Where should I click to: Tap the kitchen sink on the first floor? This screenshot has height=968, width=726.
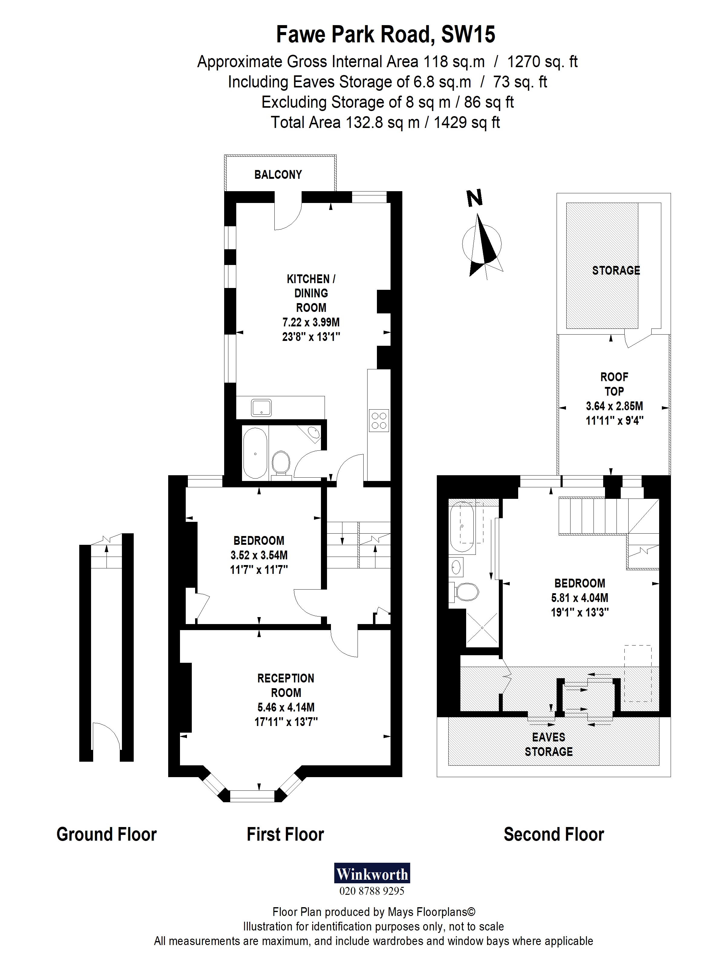tap(261, 408)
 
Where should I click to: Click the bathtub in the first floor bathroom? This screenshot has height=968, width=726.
tap(255, 453)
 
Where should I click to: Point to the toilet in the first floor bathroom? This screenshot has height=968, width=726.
tap(280, 463)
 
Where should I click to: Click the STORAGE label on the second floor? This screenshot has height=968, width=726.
tap(616, 270)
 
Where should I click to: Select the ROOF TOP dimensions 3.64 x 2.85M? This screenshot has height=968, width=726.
tap(614, 406)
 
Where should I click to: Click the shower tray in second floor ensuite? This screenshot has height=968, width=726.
tap(482, 628)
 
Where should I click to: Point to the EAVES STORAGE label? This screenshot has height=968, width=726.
tap(548, 744)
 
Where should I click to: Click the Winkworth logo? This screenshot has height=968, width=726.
tap(372, 874)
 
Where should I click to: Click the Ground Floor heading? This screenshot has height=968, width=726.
tap(106, 835)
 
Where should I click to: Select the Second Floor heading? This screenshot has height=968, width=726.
tap(554, 835)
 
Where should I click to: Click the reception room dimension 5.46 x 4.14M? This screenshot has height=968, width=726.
tap(286, 707)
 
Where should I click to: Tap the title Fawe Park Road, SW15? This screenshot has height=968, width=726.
tap(386, 34)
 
